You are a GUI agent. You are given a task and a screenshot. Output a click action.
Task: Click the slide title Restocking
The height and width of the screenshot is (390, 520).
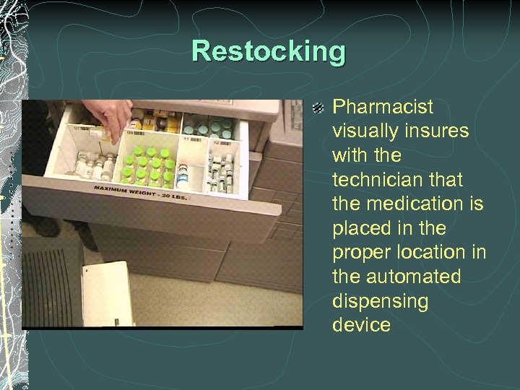pyautogui.click(x=269, y=52)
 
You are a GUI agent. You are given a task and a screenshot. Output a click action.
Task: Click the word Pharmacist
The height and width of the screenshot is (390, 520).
pyautogui.click(x=382, y=108)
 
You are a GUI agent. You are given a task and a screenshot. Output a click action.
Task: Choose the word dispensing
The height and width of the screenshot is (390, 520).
pyautogui.click(x=380, y=301)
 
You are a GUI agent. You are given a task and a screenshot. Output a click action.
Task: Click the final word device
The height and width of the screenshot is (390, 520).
pyautogui.click(x=361, y=325)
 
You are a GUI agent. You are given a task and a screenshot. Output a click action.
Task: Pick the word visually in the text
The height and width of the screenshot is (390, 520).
pyautogui.click(x=364, y=131)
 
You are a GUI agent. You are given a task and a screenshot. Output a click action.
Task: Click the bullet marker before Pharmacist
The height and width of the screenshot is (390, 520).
pyautogui.click(x=318, y=108)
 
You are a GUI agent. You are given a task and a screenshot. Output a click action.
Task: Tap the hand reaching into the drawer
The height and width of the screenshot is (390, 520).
pyautogui.click(x=108, y=116)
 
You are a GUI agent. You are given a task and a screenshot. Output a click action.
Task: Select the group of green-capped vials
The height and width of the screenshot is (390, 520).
pyautogui.click(x=148, y=165)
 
